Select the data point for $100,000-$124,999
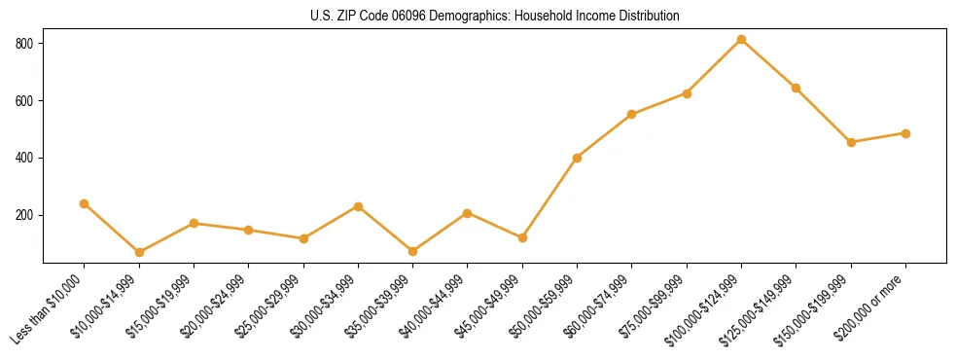(x=741, y=40)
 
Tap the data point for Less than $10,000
(x=84, y=204)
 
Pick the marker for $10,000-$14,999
(x=139, y=253)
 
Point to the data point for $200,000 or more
(x=905, y=133)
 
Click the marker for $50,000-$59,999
(x=577, y=158)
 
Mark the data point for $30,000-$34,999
(x=358, y=206)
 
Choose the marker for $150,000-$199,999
(x=851, y=142)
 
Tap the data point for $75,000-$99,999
(x=687, y=93)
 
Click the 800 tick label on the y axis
(x=25, y=44)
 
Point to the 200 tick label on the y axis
(x=25, y=215)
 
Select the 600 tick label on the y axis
(x=25, y=101)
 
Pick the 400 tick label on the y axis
(x=25, y=158)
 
